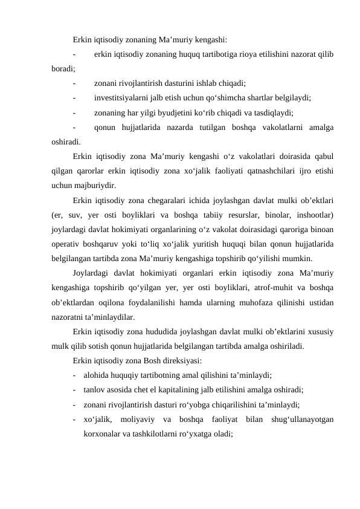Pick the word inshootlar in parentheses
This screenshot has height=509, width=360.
(x=314, y=214)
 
